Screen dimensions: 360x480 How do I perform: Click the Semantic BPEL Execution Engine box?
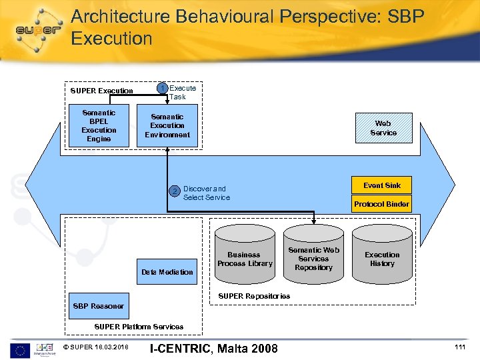[x=99, y=125]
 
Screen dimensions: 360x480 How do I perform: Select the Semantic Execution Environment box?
[x=167, y=125]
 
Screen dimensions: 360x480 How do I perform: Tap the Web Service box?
[x=383, y=128]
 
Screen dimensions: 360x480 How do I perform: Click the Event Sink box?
[x=382, y=185]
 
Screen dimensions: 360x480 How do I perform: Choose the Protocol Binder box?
[x=382, y=204]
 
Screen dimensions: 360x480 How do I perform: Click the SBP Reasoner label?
[x=98, y=306]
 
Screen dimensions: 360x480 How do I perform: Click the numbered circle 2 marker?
[x=175, y=192]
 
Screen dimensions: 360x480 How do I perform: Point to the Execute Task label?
[x=182, y=92]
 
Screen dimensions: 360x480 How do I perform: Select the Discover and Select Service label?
[x=206, y=193]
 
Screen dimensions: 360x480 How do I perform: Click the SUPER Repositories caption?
[x=255, y=296]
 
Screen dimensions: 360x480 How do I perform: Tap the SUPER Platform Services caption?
[x=139, y=327]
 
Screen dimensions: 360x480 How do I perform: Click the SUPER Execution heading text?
[x=102, y=91]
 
